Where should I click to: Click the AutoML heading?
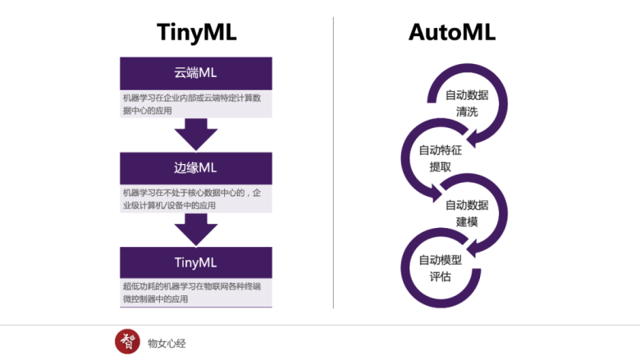click(452, 32)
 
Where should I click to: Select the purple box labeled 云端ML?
click(195, 72)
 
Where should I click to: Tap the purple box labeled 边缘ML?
click(195, 167)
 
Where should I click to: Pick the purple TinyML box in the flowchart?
click(195, 262)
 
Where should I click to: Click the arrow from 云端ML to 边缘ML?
click(195, 133)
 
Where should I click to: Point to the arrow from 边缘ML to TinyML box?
click(195, 228)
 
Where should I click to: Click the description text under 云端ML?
click(195, 103)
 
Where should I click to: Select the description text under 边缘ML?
click(195, 198)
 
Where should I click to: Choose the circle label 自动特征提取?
click(440, 157)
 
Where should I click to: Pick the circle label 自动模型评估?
click(440, 267)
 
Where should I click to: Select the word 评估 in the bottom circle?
click(440, 276)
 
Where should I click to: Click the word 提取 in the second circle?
click(440, 166)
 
